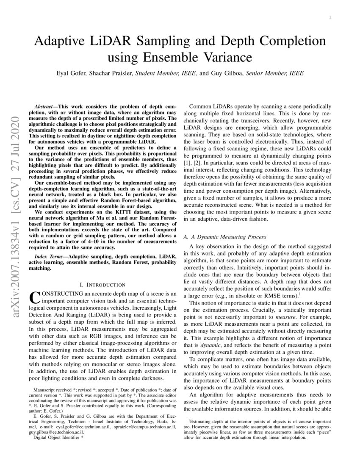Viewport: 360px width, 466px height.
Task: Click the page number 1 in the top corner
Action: [330, 17]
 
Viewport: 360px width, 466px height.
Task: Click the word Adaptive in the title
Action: [63, 42]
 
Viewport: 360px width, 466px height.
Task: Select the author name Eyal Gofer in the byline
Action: [73, 73]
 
